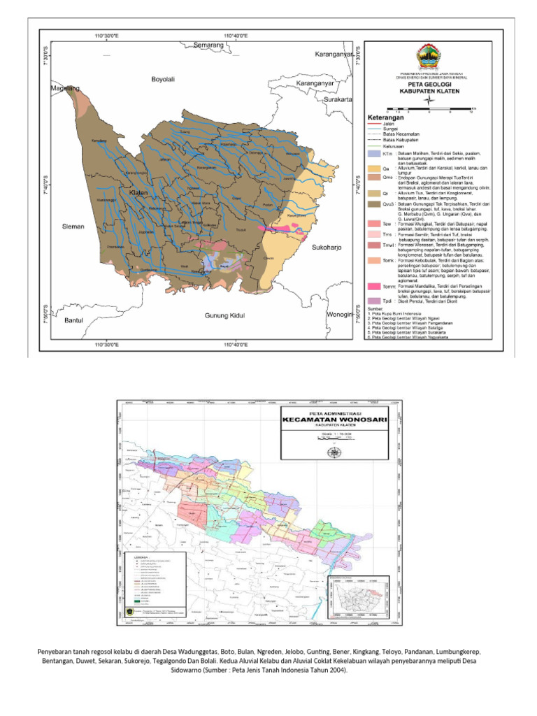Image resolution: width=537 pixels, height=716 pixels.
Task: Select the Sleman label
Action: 73,227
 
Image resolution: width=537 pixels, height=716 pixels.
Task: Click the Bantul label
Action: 73,320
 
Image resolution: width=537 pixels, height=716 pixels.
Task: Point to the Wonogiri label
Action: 339,315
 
